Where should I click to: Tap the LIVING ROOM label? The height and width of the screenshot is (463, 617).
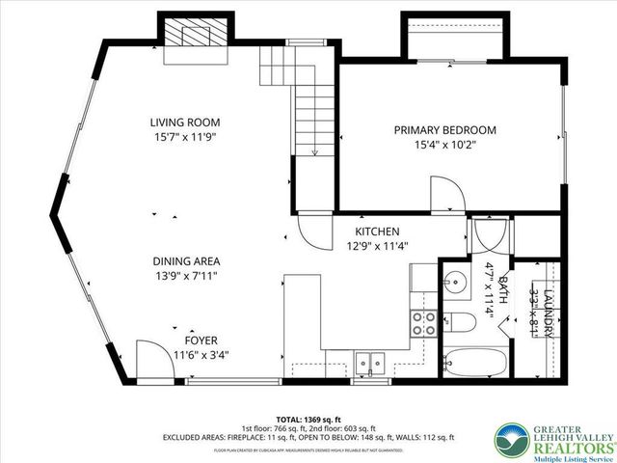pyautogui.click(x=184, y=123)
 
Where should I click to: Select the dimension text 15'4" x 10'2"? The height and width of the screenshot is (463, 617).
pyautogui.click(x=444, y=146)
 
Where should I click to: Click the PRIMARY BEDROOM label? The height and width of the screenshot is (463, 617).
pyautogui.click(x=444, y=130)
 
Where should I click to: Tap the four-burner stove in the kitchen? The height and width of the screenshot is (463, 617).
pyautogui.click(x=422, y=322)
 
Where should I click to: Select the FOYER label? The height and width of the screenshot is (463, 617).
pyautogui.click(x=201, y=340)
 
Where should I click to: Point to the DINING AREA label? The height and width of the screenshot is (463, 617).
pyautogui.click(x=186, y=261)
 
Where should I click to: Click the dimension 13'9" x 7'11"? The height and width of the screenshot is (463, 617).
pyautogui.click(x=186, y=277)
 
